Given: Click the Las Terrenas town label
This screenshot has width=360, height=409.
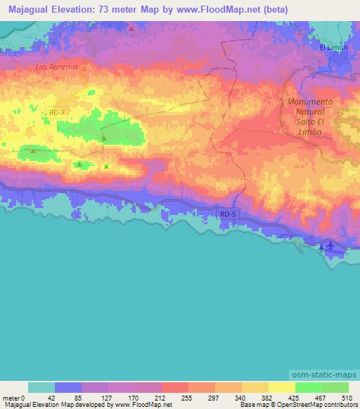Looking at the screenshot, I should click(x=60, y=66).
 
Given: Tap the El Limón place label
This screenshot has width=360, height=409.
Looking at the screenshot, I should click(x=333, y=47).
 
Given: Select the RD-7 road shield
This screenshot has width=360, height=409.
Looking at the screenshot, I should click(x=57, y=111).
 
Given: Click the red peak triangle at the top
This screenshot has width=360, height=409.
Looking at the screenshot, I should click(x=131, y=29).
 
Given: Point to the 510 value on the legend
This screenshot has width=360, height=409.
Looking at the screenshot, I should click(x=347, y=397).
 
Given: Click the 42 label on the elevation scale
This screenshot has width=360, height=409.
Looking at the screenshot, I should click(x=51, y=397).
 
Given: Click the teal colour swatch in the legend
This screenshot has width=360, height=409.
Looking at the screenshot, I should click(x=41, y=387).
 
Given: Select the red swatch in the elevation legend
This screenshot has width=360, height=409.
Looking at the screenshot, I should click(x=174, y=387).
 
